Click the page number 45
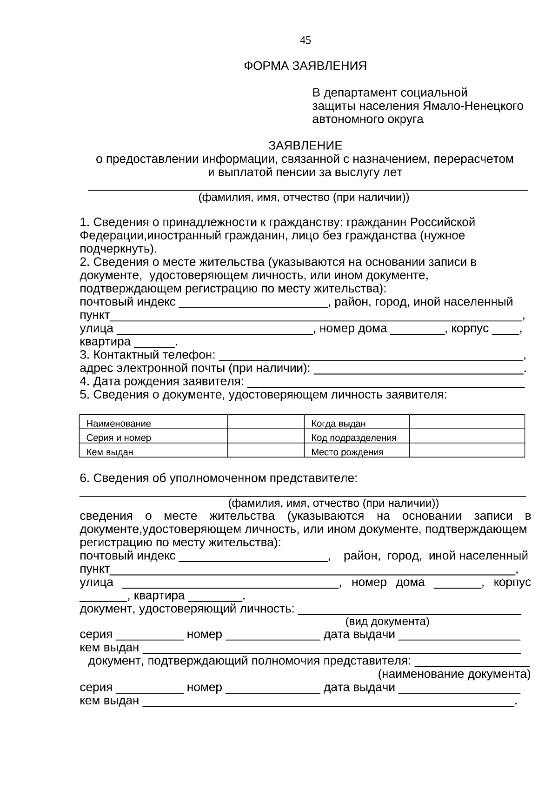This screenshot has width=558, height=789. tap(306, 40)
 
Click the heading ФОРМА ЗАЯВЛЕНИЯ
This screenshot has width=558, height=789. tap(305, 66)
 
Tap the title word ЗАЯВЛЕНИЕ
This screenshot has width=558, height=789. tap(305, 146)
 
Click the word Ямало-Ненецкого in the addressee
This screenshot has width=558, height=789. tap(473, 106)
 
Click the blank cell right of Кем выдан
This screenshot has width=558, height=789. tap(266, 451)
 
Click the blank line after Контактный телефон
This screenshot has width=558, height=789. tap(370, 357)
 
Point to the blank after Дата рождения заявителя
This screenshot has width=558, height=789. tap(386, 384)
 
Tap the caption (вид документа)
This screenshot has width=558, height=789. tap(387, 622)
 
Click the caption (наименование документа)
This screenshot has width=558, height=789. tap(454, 674)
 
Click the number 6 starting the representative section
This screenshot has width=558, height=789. tap(83, 478)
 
